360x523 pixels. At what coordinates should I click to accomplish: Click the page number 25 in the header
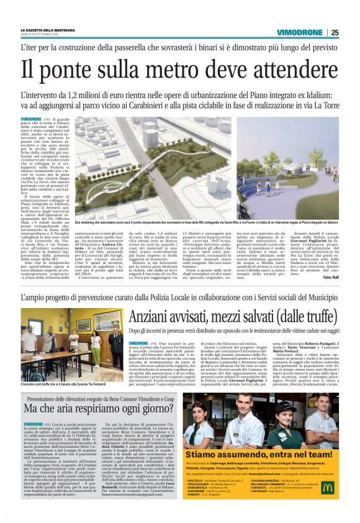click(335, 32)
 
